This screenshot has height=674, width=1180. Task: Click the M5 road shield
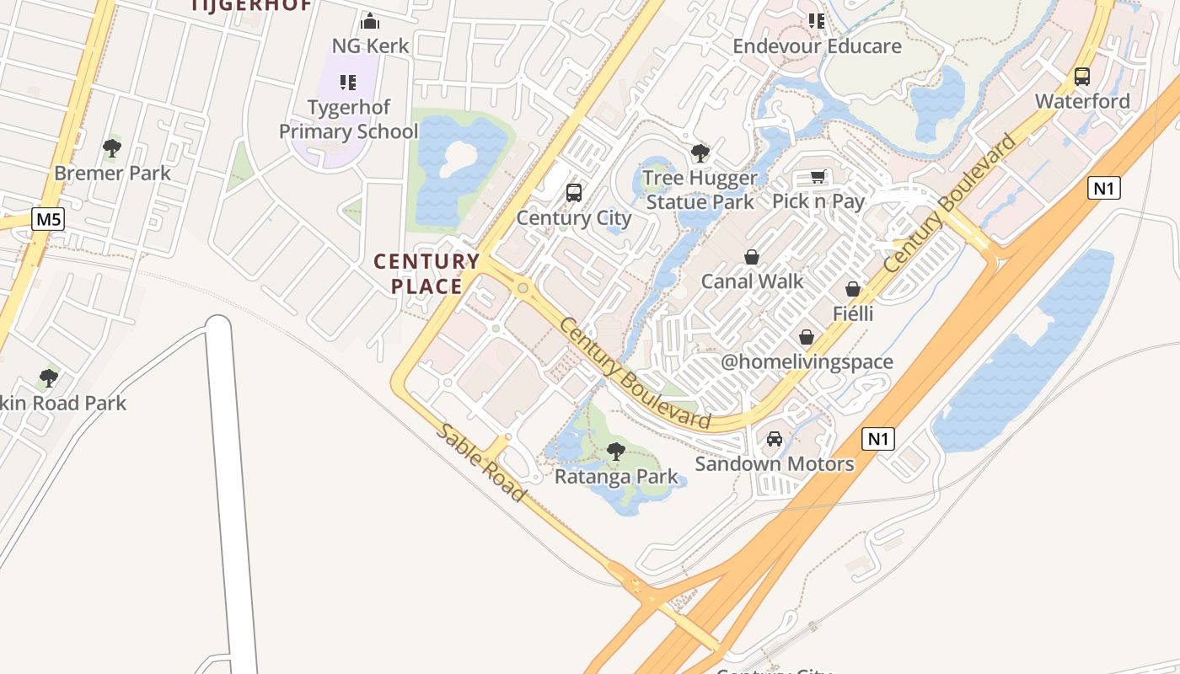click(x=48, y=220)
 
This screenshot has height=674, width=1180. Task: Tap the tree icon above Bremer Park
click(x=111, y=149)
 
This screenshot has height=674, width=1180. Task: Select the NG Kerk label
click(x=370, y=45)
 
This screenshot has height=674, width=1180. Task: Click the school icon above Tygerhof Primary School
click(x=347, y=83)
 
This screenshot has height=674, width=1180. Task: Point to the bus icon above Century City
click(x=574, y=193)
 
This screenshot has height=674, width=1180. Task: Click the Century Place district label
click(x=426, y=274)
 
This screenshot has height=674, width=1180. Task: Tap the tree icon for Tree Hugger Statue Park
click(x=700, y=153)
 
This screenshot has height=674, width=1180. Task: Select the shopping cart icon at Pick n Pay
click(x=818, y=176)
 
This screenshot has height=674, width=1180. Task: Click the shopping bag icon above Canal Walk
click(x=752, y=257)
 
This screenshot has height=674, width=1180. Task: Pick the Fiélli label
click(x=853, y=314)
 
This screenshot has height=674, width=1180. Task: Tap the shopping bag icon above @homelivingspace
click(x=807, y=337)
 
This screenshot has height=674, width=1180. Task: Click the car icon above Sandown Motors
click(x=775, y=439)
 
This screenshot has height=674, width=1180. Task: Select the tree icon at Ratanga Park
click(x=616, y=452)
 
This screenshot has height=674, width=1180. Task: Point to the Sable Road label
click(x=481, y=463)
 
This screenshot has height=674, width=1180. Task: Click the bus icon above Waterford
click(x=1082, y=77)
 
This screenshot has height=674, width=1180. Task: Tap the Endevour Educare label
click(x=817, y=46)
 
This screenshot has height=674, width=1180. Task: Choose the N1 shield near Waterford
click(x=1103, y=188)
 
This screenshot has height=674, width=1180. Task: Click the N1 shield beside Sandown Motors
click(x=877, y=438)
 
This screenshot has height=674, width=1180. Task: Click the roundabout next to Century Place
click(x=523, y=288)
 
